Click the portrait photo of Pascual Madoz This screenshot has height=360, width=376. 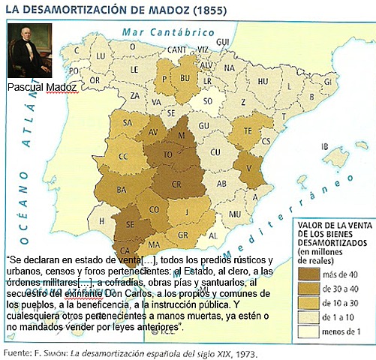click(31, 51)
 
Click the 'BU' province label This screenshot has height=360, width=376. click(185, 76)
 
